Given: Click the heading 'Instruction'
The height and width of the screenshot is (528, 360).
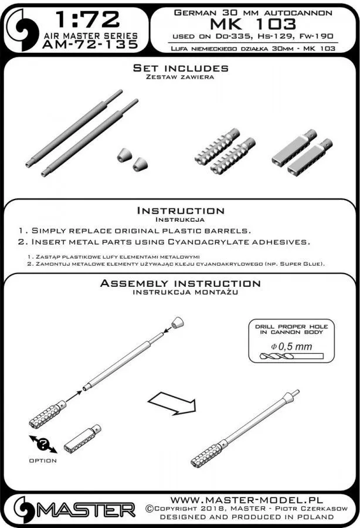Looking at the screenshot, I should [x=180, y=211].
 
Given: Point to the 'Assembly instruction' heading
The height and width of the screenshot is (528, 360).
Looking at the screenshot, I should [x=180, y=283].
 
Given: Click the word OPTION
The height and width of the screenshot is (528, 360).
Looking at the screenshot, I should [x=42, y=461].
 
